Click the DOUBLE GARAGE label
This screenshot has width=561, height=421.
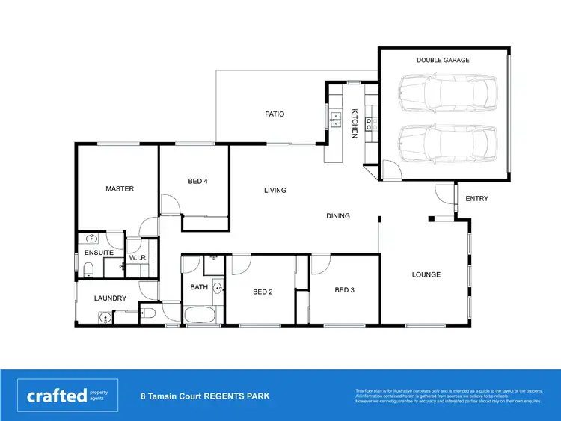click(x=443, y=60)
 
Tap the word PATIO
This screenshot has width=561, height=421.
click(x=275, y=114)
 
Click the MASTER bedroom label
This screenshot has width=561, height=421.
click(x=120, y=189)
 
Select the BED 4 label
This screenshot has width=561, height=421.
click(x=197, y=181)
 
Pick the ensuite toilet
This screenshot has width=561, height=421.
click(x=88, y=268)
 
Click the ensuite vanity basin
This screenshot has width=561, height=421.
click(x=91, y=239)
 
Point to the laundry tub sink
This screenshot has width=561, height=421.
click(x=105, y=317)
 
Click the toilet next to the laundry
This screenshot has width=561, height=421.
click(x=147, y=313)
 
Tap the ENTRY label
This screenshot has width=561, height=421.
click(x=476, y=199)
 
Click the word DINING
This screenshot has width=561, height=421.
click(x=338, y=216)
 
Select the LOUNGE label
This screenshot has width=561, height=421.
click(x=426, y=274)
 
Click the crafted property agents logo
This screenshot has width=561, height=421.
click(x=68, y=396)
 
